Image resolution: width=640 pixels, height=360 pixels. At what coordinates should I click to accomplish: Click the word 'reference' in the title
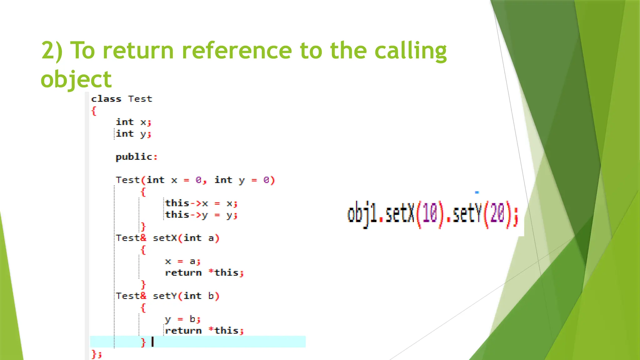237,50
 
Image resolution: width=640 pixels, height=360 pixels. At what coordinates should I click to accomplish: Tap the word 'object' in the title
76,79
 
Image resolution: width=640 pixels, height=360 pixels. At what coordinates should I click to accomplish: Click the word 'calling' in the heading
410,51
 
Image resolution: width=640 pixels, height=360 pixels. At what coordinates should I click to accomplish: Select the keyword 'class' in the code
106,99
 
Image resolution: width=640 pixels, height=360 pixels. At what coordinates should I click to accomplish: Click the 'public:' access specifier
137,157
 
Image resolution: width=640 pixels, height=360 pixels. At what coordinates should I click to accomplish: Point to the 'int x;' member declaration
133,122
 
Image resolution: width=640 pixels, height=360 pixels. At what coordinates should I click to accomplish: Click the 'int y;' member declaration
133,134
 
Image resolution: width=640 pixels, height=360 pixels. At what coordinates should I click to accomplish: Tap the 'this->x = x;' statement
201,203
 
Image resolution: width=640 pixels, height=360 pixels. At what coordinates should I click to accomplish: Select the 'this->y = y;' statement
201,215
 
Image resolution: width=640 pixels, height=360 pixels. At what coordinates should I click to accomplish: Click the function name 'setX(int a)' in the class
186,238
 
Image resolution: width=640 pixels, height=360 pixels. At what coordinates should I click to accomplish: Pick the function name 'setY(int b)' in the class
186,296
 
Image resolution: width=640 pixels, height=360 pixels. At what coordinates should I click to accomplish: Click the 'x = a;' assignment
183,261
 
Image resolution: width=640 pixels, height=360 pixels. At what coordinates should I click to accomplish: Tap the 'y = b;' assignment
183,319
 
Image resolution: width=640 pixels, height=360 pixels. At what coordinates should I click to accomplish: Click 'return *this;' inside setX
204,273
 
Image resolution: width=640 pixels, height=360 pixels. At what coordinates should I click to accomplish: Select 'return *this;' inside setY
204,331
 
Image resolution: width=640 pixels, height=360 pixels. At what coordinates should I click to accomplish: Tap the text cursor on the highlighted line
152,342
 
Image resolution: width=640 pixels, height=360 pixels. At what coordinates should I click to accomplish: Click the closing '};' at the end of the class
97,354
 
